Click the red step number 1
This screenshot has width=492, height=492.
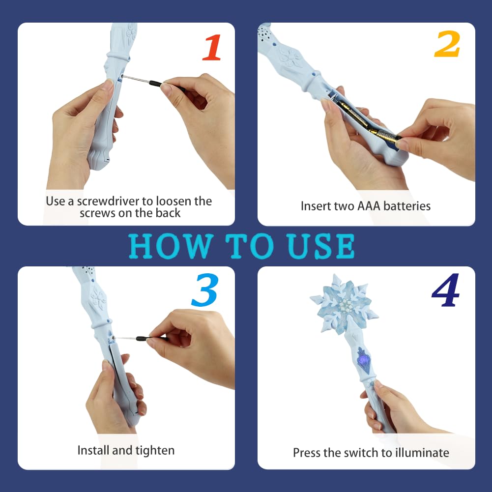tap(212, 47)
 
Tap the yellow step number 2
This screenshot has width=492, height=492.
tap(447, 44)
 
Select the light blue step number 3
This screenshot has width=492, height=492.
tap(204, 290)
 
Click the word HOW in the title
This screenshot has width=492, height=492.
tap(170, 246)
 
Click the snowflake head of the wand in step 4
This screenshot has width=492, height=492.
tap(345, 304)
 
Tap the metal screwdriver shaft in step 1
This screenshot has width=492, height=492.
tap(136, 80)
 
